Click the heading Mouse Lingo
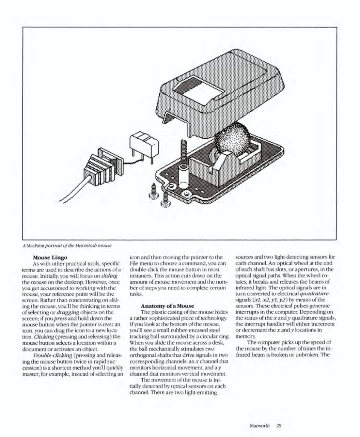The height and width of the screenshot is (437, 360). pyautogui.click(x=49, y=258)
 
